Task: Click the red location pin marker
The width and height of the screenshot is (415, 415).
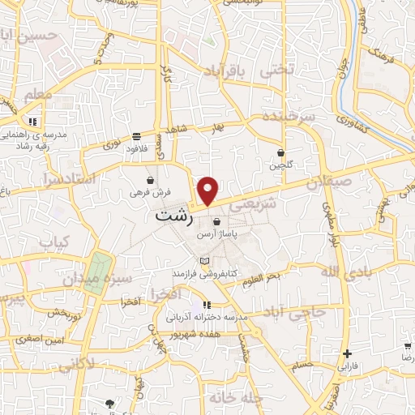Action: click(x=209, y=190)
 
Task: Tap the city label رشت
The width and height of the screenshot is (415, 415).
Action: click(x=174, y=217)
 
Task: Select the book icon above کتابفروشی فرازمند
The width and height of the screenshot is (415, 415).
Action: click(x=204, y=259)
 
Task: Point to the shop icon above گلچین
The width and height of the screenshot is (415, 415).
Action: click(x=280, y=152)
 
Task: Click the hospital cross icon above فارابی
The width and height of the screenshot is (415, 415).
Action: click(x=347, y=353)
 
